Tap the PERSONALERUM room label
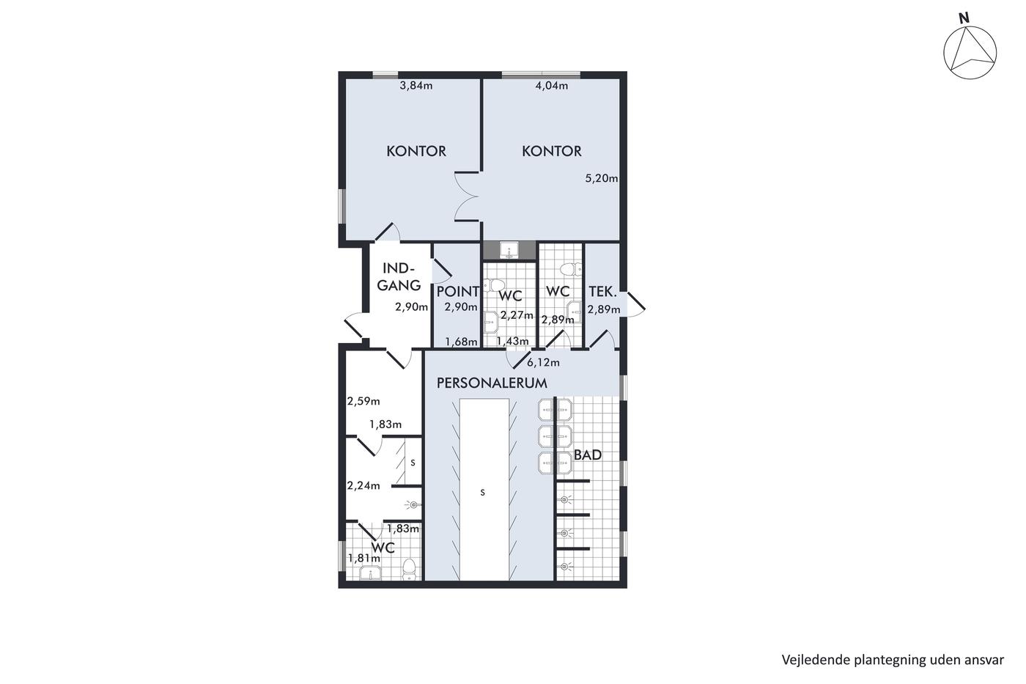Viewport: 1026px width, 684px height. click(492, 383)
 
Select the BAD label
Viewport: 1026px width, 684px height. click(588, 455)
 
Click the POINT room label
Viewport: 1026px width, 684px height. click(457, 291)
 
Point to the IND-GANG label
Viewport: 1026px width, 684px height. click(399, 276)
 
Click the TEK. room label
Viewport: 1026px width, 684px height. click(602, 291)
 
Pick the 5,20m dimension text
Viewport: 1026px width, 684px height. click(602, 178)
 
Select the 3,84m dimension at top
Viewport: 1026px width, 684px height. click(416, 86)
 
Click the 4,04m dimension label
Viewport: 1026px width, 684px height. click(551, 86)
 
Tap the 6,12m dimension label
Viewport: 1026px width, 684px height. click(543, 363)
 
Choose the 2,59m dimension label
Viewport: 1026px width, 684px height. click(363, 401)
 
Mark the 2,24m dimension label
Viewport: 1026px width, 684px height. click(363, 485)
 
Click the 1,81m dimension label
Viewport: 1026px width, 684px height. click(364, 559)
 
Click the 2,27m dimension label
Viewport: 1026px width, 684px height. click(517, 315)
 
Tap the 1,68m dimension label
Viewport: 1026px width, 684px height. click(462, 342)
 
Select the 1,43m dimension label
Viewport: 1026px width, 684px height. click(512, 342)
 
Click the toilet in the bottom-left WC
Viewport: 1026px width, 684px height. click(409, 569)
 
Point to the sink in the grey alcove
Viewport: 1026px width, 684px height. click(509, 251)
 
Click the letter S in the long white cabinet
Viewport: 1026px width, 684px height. click(482, 493)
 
